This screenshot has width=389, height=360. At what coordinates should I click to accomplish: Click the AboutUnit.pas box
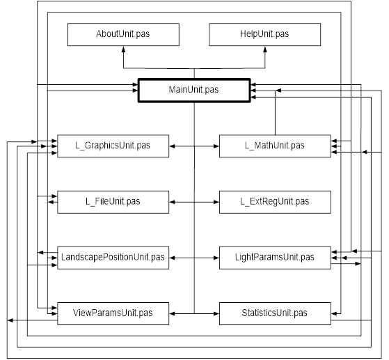(x=123, y=35)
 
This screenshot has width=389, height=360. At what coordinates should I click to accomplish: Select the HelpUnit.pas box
(x=264, y=35)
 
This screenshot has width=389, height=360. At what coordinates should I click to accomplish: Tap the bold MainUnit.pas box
(x=194, y=91)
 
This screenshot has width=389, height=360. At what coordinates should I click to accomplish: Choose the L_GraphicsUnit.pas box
(x=113, y=146)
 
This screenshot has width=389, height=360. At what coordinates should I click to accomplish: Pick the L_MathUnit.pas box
(x=275, y=146)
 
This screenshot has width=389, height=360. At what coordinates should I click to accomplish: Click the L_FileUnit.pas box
(x=113, y=202)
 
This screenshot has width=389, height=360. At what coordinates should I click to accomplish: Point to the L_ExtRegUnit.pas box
(x=275, y=202)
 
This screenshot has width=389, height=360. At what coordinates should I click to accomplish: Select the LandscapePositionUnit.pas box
(x=113, y=258)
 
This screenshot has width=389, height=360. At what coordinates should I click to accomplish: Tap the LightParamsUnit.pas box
(x=275, y=258)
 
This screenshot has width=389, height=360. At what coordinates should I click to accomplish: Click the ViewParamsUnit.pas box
(x=113, y=313)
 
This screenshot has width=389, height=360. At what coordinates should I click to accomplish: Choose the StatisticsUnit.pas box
(x=275, y=313)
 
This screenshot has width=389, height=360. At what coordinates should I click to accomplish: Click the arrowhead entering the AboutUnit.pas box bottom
(x=123, y=49)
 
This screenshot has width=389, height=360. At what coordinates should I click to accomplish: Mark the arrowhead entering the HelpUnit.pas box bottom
(x=265, y=49)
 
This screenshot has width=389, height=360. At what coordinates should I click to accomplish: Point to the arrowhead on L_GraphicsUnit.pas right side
(x=172, y=146)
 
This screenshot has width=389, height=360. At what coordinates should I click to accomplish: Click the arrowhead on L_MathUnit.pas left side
(x=216, y=146)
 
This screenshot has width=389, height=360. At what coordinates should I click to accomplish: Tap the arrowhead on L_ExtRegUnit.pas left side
(x=216, y=202)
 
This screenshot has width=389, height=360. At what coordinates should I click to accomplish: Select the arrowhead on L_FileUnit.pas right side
(x=172, y=202)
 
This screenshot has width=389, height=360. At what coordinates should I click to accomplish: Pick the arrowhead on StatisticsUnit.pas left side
(x=216, y=313)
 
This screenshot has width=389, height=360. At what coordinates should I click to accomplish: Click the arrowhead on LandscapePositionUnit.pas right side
(x=172, y=258)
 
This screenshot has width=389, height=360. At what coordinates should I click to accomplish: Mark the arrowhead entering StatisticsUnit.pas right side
(x=334, y=313)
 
